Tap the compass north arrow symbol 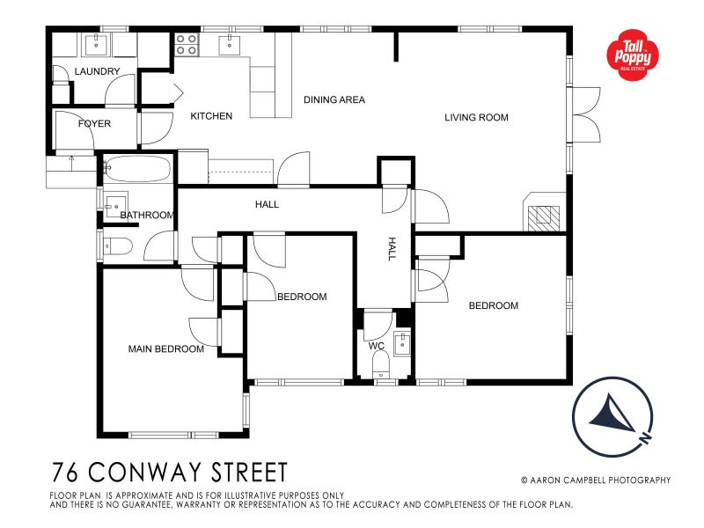613,414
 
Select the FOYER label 94,124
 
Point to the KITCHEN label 211,116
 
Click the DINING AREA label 334,100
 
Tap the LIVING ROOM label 476,117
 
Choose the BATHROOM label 147,215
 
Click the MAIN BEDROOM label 166,349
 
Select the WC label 377,346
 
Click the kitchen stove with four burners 186,44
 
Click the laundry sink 96,43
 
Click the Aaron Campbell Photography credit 595,480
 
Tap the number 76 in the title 64,473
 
